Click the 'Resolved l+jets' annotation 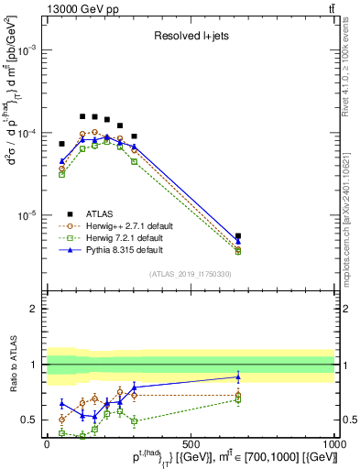(x=191, y=37)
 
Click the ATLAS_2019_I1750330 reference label (x=191, y=274)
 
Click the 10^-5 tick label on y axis (x=28, y=215)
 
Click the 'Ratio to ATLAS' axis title (x=12, y=365)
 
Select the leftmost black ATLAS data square (x=62, y=144)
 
